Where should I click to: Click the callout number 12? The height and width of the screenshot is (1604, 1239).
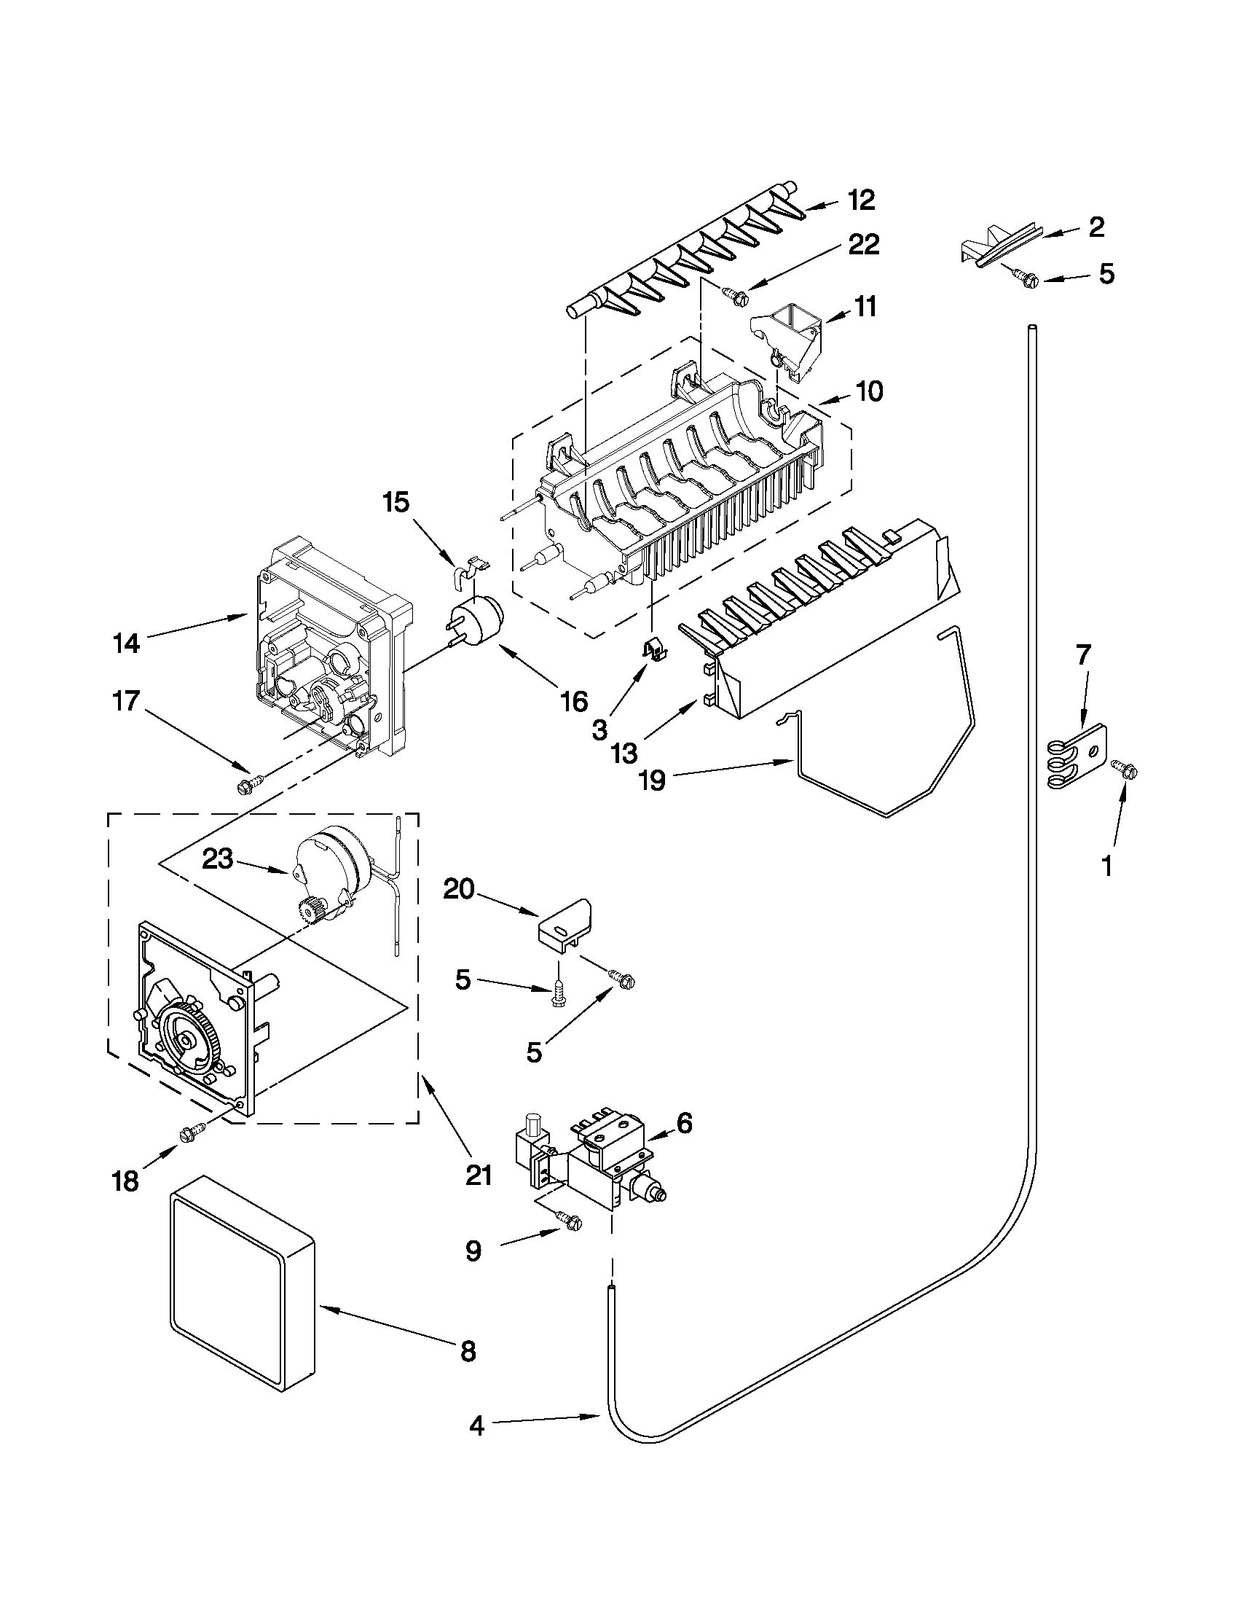tap(862, 200)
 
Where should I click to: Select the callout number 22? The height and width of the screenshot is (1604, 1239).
tap(863, 245)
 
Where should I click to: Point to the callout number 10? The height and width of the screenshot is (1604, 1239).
tap(869, 391)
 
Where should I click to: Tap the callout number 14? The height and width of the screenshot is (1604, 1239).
tap(125, 644)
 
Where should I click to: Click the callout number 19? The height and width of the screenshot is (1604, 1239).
tap(652, 779)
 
